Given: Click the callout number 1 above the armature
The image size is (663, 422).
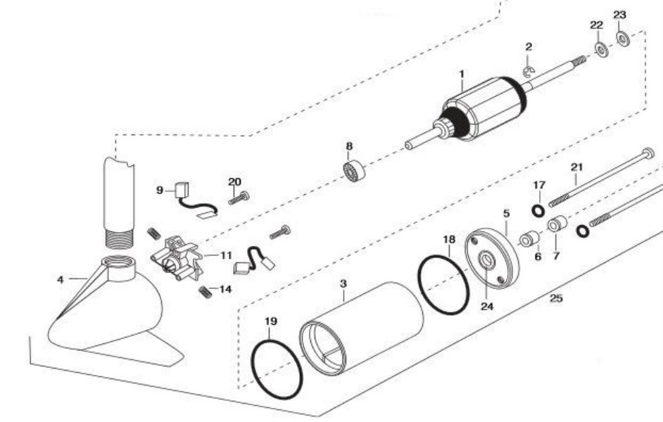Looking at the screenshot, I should [462, 73].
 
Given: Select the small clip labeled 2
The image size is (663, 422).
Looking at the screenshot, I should [529, 70].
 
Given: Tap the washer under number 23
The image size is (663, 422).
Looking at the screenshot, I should [623, 38].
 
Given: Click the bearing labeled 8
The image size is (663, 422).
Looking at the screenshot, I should [353, 172].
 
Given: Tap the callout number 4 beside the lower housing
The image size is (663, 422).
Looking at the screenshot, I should [61, 279].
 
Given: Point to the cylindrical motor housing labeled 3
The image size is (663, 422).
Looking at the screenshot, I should [362, 327].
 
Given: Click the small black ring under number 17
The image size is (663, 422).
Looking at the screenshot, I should [538, 210].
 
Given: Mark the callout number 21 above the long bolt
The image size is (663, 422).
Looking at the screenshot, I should [577, 167].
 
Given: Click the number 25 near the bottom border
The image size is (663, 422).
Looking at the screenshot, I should [556, 298].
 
